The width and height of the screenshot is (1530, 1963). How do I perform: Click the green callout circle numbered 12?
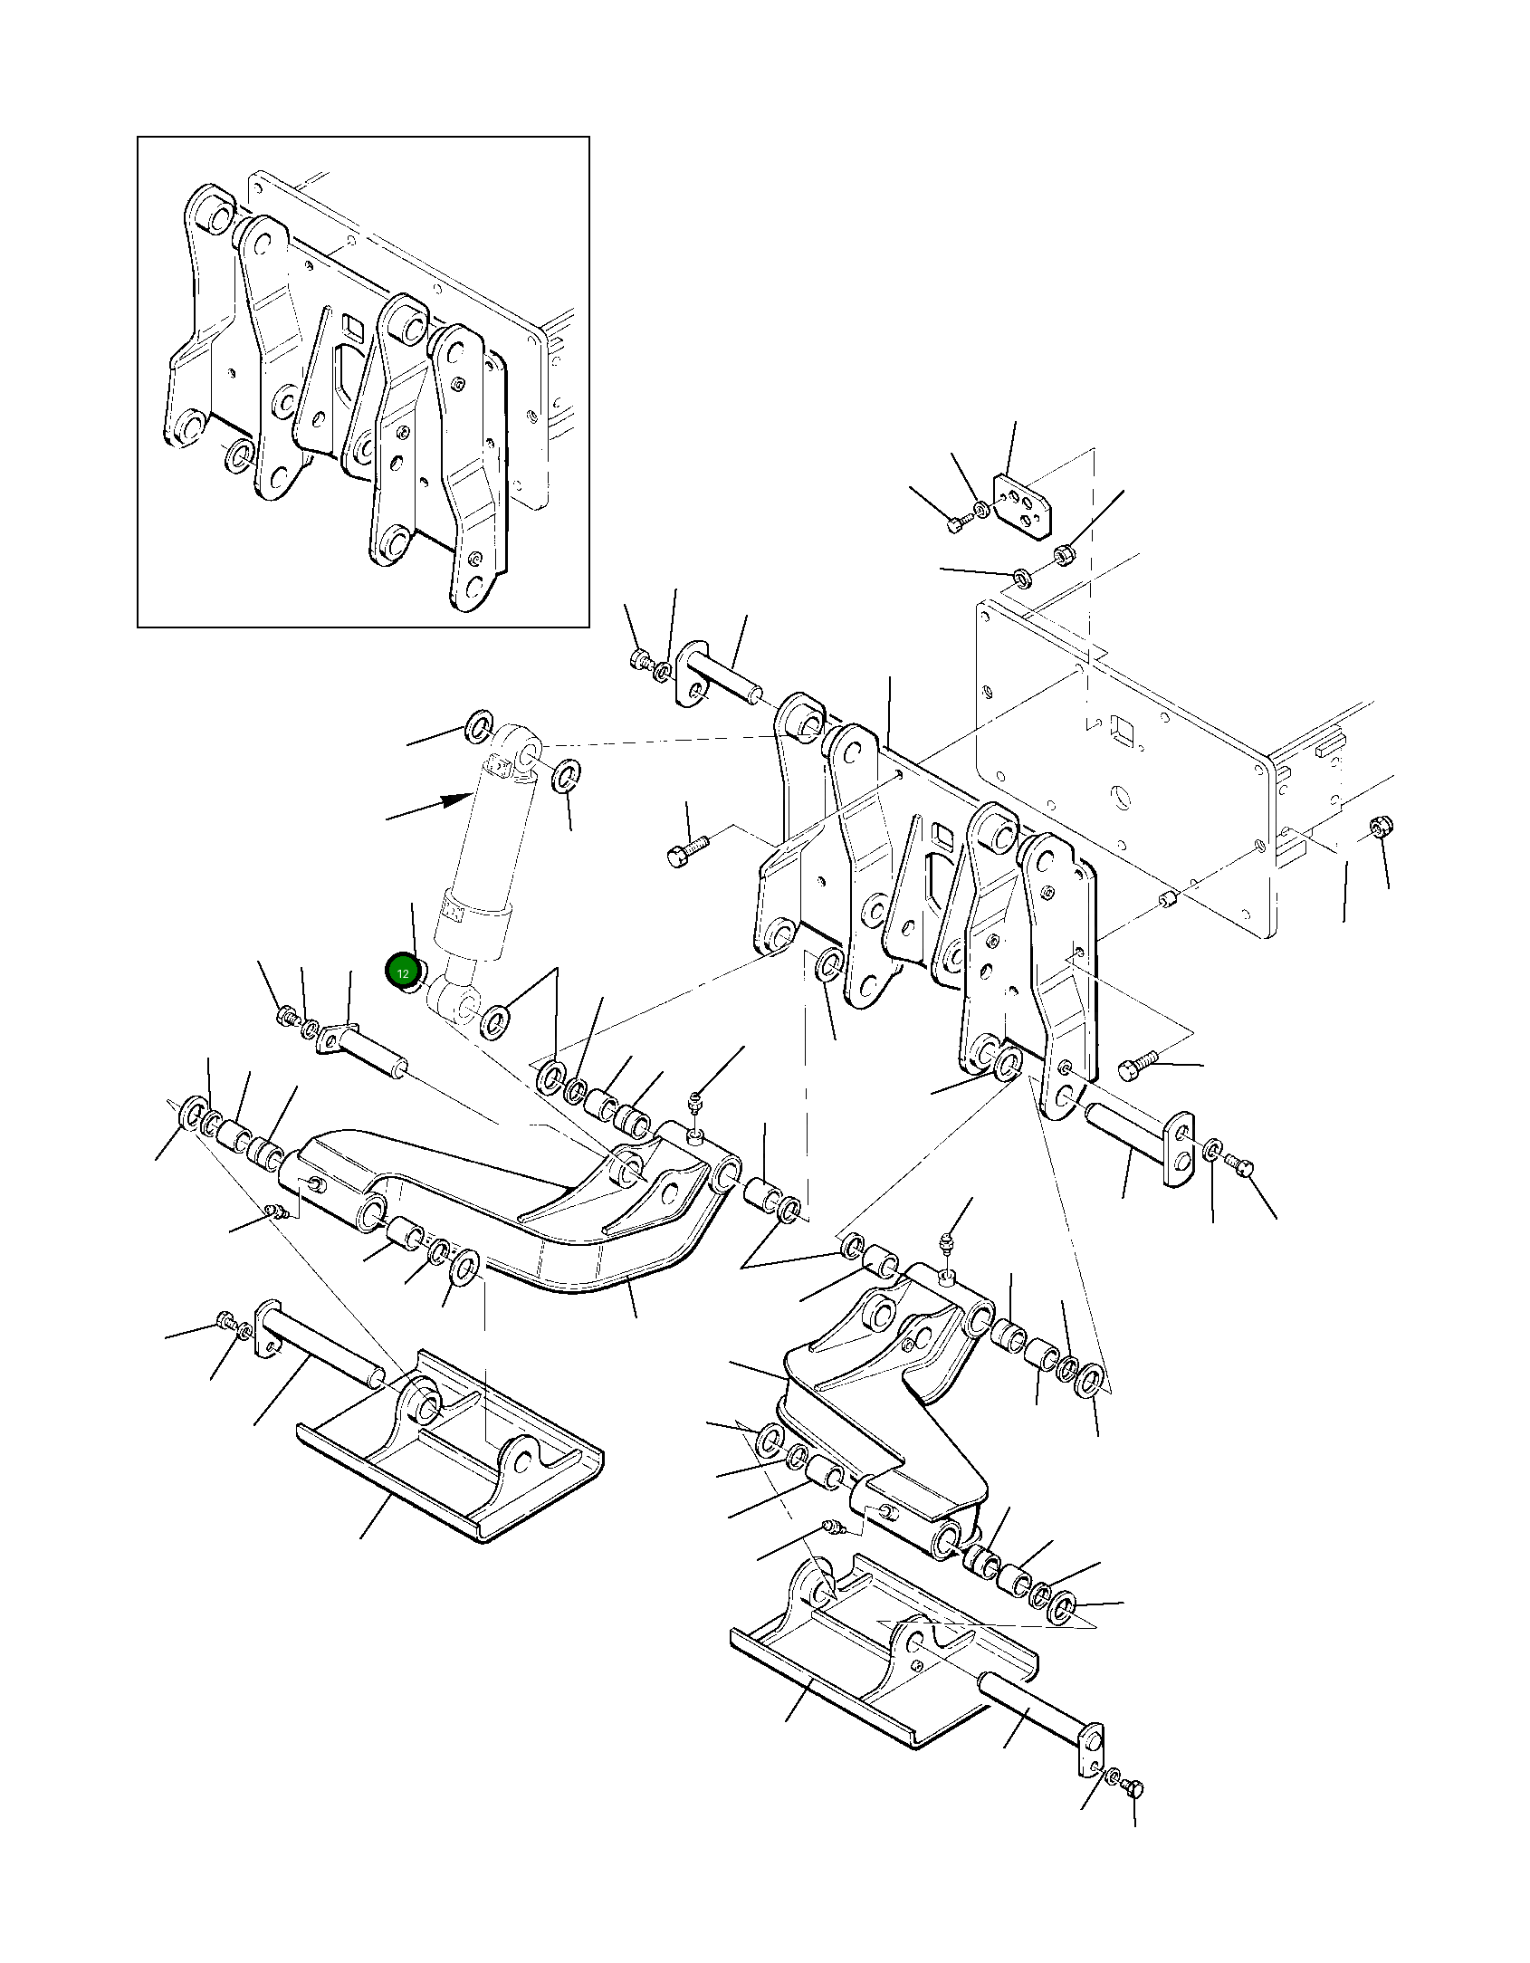pyautogui.click(x=403, y=972)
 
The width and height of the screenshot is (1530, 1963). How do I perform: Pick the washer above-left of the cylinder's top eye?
pyautogui.click(x=479, y=727)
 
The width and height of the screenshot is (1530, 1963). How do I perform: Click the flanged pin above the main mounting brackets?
pyautogui.click(x=720, y=675)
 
